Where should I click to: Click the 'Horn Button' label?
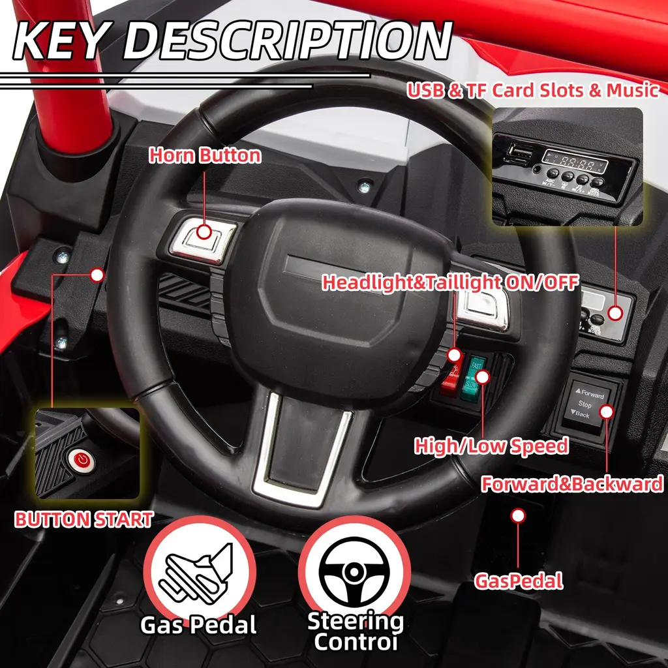click(x=205, y=155)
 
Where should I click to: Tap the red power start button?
click(x=82, y=461)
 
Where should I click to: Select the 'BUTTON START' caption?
click(x=84, y=520)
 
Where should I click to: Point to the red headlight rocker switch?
click(x=450, y=377)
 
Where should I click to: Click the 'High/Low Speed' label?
click(x=491, y=446)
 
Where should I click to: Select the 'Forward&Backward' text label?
click(x=572, y=485)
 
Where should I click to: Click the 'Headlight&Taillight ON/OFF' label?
click(x=450, y=282)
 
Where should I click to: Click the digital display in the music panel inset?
click(x=575, y=162)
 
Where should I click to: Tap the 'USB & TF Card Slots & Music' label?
click(x=533, y=90)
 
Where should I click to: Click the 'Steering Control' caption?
click(x=356, y=631)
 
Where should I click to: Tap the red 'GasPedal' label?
click(x=519, y=581)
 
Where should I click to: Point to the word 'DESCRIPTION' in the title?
click(x=288, y=40)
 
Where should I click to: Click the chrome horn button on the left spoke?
click(x=204, y=239)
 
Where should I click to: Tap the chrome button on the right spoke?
click(x=482, y=308)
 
